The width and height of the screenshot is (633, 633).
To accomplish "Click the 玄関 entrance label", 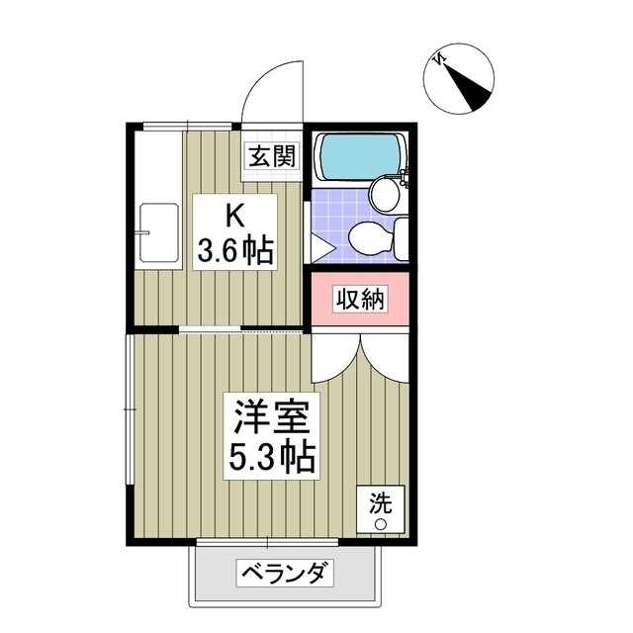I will coord(271,155).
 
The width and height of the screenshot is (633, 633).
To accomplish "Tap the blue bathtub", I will coord(359,155).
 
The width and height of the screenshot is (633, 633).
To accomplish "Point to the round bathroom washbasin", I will coord(385,193).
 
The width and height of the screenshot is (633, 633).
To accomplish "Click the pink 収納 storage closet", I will coord(359,299).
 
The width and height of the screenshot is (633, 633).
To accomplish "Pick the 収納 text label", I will coord(359,299).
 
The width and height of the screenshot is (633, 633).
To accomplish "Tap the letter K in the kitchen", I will coord(234,214).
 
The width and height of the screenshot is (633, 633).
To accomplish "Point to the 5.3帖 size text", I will coord(270,457).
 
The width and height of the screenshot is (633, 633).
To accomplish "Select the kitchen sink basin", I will coord(157,232).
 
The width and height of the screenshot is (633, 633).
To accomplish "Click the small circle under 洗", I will coord(379,523).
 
